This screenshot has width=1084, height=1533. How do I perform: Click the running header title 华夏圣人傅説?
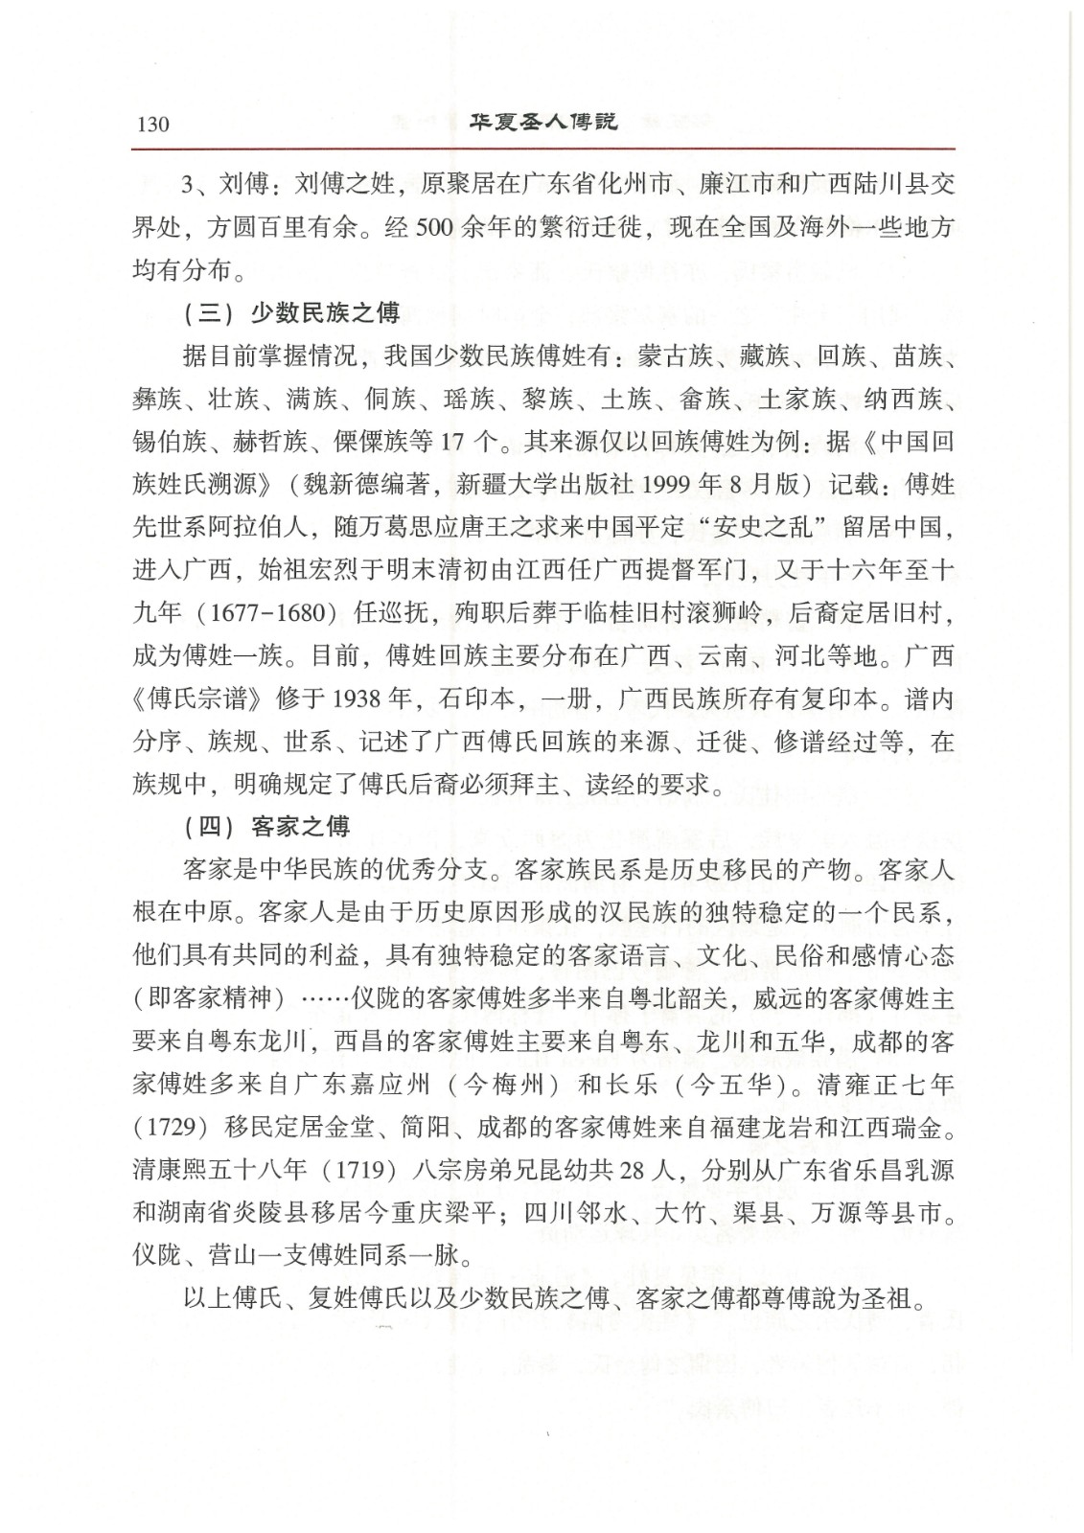click(x=542, y=123)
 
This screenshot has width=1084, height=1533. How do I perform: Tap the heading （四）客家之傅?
click(x=265, y=826)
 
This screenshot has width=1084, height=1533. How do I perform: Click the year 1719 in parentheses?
click(x=363, y=1170)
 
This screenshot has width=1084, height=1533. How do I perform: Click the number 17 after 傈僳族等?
click(x=451, y=442)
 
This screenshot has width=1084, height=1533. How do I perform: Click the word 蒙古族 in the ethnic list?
click(x=675, y=356)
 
